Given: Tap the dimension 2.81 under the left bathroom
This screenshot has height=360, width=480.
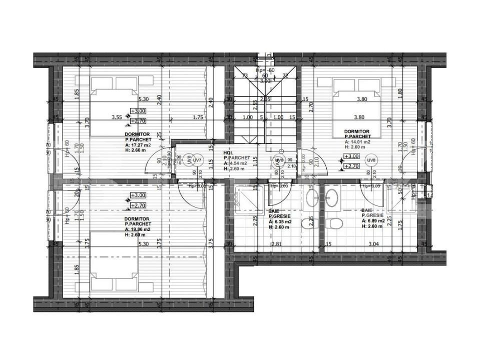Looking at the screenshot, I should tap(277, 244).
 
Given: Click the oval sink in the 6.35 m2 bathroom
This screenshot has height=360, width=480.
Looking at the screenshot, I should tap(310, 198).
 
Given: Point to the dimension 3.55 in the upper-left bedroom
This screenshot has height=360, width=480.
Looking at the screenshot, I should tap(117, 117).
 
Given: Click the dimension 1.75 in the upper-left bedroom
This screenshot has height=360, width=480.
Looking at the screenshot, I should tap(198, 117).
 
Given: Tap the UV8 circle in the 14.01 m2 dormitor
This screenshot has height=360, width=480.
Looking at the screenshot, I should tap(371, 160).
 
